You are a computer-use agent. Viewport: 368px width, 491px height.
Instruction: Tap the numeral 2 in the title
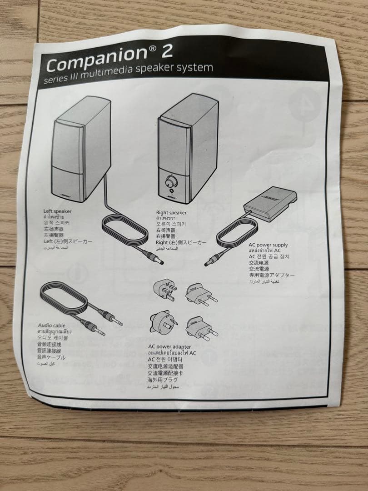167,50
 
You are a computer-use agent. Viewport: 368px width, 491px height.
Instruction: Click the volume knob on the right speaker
171,182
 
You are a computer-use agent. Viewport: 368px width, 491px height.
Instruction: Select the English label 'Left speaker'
57,211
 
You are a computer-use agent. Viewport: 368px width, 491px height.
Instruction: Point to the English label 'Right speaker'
171,212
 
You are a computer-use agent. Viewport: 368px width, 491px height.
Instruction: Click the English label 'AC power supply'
268,245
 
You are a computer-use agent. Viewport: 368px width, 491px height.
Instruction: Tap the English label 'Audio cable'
52,326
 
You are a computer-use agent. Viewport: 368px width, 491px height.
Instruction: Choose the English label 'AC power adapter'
169,347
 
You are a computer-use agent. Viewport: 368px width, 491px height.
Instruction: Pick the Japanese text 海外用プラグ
162,380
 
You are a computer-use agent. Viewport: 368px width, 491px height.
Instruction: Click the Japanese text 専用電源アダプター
271,276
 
